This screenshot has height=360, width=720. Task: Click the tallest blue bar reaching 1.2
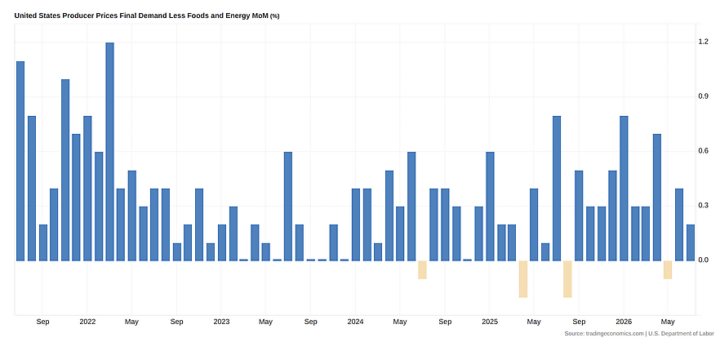coord(109,152)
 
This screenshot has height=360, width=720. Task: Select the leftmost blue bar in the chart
coord(20,161)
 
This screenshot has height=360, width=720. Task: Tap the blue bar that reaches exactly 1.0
coord(65,170)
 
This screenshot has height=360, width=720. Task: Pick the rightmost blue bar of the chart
coord(691,242)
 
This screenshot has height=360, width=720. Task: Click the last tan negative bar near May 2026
coord(668,269)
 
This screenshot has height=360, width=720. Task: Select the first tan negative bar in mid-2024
coord(423,269)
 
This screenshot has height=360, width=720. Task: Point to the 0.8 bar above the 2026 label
coord(624,189)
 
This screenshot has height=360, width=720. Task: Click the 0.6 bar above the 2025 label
coord(490,207)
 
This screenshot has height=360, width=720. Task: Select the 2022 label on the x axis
coord(87,322)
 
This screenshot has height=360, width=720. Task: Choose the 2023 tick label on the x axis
coord(221,322)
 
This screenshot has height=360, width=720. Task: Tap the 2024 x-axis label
coord(355,322)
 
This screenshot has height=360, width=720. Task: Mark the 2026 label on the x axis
coord(624,322)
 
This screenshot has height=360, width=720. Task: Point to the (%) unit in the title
coord(274,16)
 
